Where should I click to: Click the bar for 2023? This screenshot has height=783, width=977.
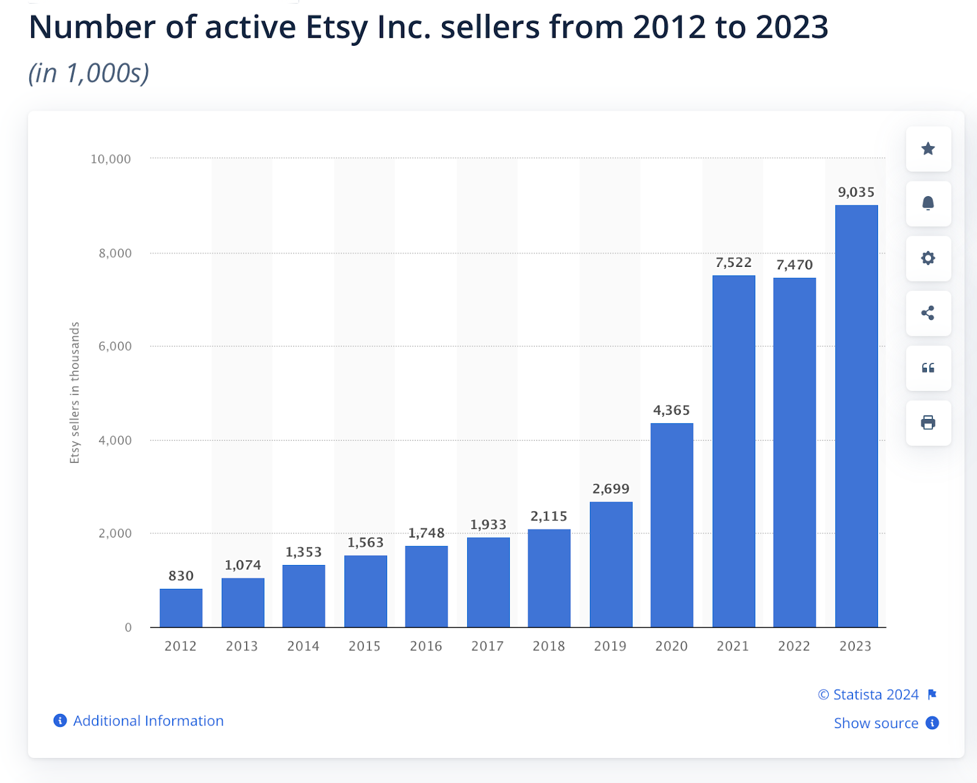[x=856, y=416]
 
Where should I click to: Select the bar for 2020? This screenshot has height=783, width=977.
[x=672, y=525]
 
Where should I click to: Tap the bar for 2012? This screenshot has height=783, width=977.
[x=181, y=608]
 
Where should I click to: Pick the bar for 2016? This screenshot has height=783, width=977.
[x=426, y=586]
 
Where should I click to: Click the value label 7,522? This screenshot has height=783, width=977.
[x=733, y=263]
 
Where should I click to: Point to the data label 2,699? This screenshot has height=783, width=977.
[x=611, y=489]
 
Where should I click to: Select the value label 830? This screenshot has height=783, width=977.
[x=181, y=576]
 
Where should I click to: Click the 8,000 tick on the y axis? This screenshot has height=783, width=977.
[x=115, y=253]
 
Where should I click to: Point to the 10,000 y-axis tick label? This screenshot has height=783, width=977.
[x=111, y=159]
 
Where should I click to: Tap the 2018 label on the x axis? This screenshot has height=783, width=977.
[x=548, y=646]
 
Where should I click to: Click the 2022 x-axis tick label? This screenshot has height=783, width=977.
[x=794, y=646]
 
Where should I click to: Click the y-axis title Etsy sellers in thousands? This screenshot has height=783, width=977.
[x=74, y=393]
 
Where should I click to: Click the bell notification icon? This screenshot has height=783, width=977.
[x=928, y=203]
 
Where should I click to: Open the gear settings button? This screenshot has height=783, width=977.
[x=928, y=258]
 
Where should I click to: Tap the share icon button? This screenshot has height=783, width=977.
[x=928, y=313]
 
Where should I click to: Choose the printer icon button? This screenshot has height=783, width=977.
[x=928, y=423]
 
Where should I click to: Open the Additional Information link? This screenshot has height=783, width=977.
[x=148, y=721]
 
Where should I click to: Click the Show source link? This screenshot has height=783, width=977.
[x=876, y=723]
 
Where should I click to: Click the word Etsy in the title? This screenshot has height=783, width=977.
[x=337, y=27]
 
